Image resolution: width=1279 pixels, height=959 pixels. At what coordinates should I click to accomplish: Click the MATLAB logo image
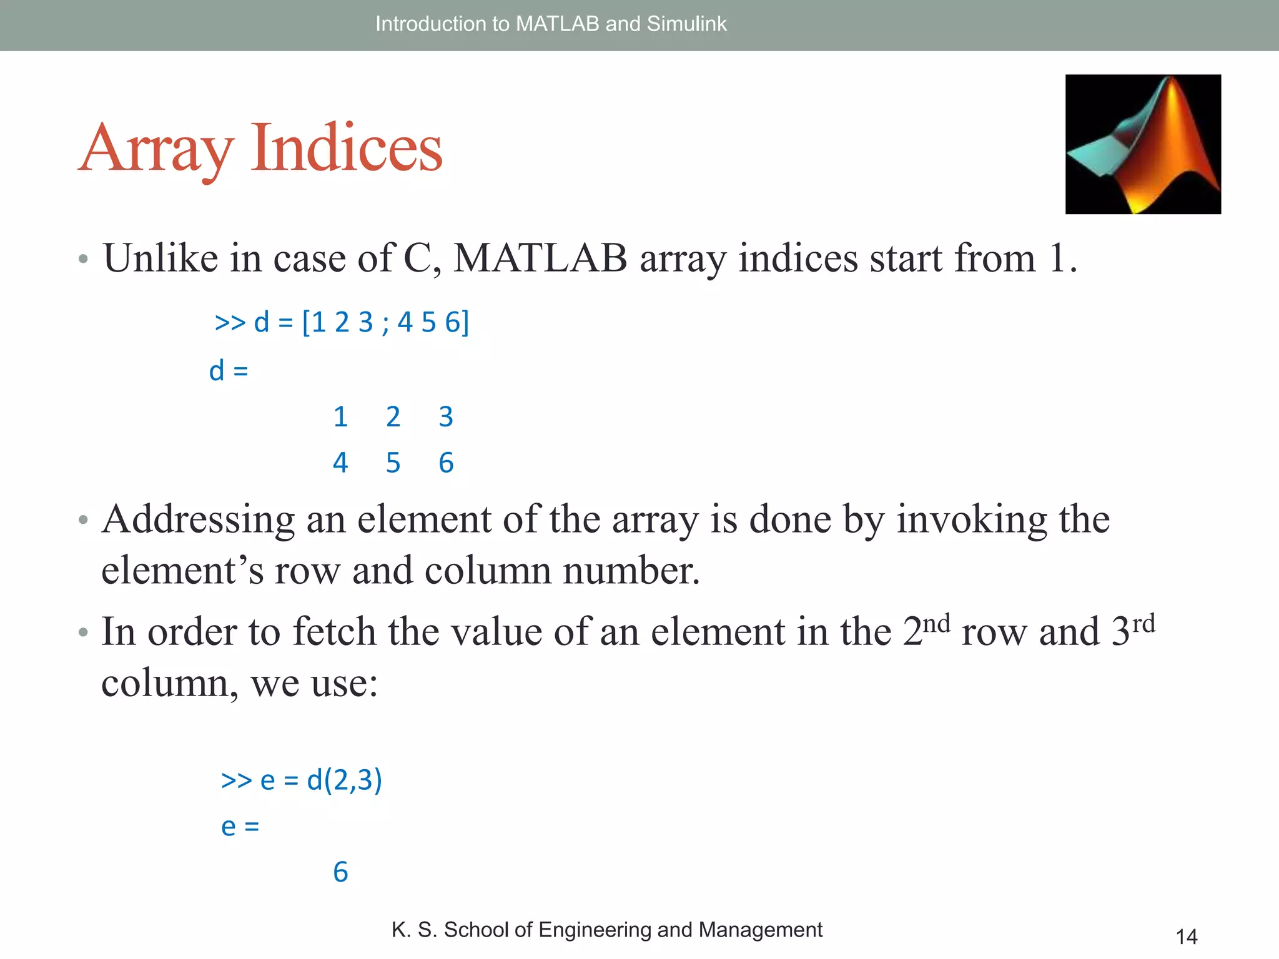click(x=1143, y=144)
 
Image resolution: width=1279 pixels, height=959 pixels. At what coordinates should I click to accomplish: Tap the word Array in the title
click(x=157, y=149)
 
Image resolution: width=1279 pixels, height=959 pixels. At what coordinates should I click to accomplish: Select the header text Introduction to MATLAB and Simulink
click(x=551, y=24)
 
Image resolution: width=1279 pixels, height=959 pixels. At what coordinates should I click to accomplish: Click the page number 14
click(x=1186, y=937)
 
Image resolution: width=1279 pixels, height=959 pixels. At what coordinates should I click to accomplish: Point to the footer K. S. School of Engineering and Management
click(x=606, y=930)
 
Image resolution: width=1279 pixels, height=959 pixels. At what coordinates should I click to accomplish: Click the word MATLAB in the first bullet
click(x=540, y=258)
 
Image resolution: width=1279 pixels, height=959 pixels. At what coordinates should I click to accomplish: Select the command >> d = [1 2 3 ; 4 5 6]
click(x=342, y=323)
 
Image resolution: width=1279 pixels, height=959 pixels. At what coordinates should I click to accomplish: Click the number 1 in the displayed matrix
click(x=340, y=416)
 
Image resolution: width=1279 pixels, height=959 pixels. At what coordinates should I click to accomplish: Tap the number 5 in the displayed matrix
click(x=393, y=463)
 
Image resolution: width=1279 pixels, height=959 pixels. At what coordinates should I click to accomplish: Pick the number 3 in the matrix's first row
click(x=445, y=416)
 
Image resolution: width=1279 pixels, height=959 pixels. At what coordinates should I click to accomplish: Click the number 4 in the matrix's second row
click(x=340, y=463)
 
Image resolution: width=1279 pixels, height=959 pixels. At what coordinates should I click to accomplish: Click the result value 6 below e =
click(x=340, y=872)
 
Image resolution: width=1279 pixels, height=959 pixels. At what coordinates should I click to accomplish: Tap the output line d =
click(x=229, y=371)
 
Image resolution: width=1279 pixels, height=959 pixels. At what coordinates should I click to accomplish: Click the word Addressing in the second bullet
click(x=199, y=519)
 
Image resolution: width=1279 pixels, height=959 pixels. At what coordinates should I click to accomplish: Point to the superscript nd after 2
click(x=936, y=623)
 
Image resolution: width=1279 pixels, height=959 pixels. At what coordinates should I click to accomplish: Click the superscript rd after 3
click(x=1143, y=623)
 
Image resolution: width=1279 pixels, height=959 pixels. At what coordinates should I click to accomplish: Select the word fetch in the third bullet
click(x=334, y=632)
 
